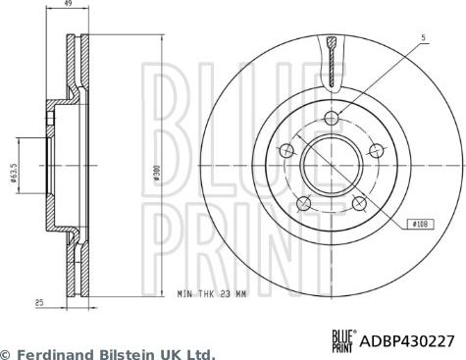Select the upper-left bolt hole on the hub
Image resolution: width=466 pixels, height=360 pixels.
point(287,150)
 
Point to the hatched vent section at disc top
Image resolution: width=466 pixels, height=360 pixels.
point(334,59)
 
